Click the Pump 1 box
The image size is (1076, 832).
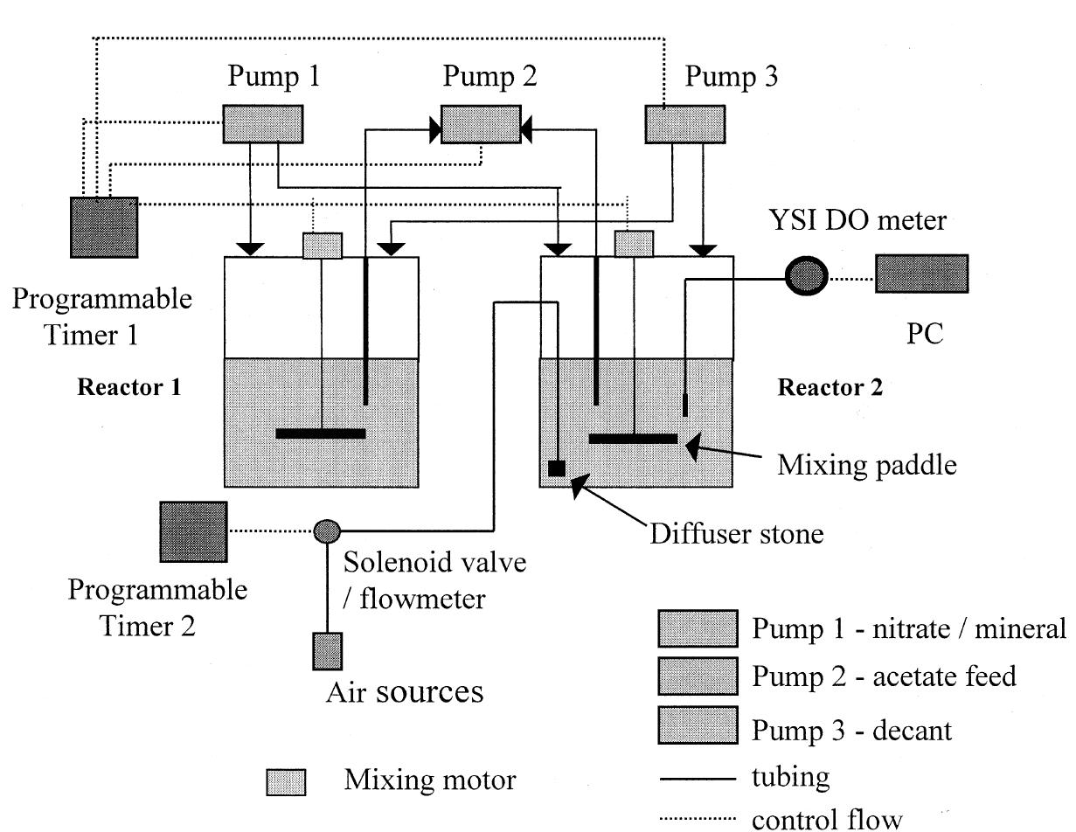coord(263,123)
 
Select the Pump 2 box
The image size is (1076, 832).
coord(480,123)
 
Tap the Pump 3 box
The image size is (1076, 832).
coord(684,123)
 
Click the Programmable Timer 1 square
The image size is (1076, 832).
coord(104,227)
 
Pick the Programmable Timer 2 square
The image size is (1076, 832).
coord(193,531)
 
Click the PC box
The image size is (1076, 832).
coord(921,274)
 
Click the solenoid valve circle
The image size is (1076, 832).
coord(326,530)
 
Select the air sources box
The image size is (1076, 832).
coord(327,649)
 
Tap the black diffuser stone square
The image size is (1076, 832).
coord(557,468)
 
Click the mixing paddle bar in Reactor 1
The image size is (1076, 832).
coord(320,433)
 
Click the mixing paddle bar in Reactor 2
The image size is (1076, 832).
coord(633,438)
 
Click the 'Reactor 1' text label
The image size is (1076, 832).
coord(129,387)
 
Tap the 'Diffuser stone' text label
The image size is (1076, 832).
coord(736,533)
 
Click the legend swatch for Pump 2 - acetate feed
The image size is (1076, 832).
coord(697,676)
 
